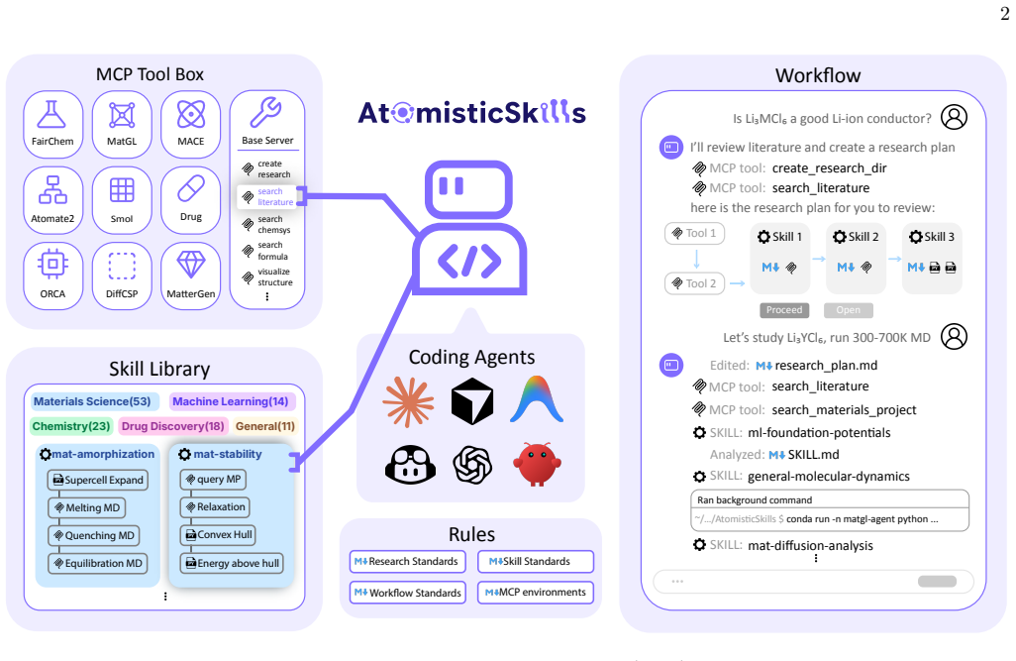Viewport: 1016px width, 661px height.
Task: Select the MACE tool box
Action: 190,124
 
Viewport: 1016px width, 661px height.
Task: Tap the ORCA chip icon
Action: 52,264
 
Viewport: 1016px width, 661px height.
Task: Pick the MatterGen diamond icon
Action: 190,265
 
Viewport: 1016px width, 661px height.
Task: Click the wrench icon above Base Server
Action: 265,112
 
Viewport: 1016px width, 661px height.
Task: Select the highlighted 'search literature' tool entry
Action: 267,196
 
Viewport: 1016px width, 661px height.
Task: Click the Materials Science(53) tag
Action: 92,401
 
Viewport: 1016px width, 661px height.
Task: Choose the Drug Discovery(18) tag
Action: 172,426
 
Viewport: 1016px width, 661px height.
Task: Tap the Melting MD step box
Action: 87,508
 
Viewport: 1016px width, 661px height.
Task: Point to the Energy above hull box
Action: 232,563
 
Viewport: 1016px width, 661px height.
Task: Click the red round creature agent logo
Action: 537,464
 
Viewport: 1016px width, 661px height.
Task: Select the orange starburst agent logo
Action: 408,402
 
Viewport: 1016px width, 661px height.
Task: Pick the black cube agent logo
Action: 472,402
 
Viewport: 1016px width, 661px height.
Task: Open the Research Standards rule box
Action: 408,562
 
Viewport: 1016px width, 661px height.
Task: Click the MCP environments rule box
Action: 536,593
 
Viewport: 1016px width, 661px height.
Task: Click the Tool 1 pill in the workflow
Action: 694,234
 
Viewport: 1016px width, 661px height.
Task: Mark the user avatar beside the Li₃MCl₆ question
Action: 954,117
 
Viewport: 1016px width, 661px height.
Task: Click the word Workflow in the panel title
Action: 818,75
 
